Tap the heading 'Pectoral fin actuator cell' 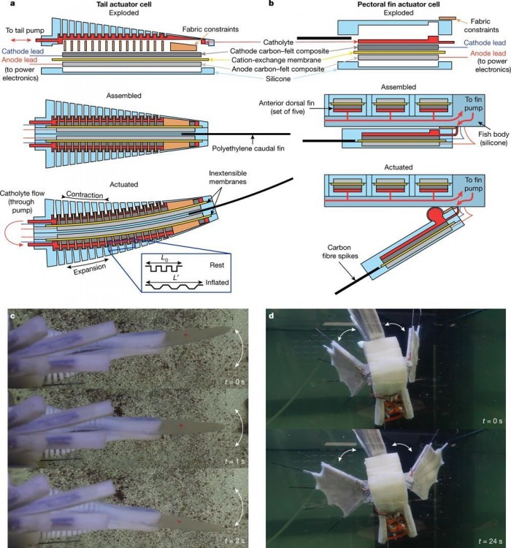tap(387, 5)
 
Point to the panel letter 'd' tap(272, 316)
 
